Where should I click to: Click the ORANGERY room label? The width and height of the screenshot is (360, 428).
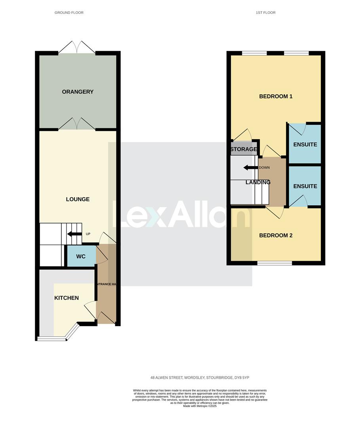click(78, 92)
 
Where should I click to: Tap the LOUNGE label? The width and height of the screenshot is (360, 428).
click(78, 199)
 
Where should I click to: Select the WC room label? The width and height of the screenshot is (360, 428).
click(81, 257)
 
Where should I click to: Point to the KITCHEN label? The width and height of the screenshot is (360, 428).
click(67, 298)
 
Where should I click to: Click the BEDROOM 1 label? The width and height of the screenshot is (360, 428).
click(276, 96)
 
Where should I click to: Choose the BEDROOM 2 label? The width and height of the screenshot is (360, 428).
click(276, 235)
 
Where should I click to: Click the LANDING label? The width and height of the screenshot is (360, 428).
click(258, 182)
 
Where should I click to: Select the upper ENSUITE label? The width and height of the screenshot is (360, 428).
click(305, 145)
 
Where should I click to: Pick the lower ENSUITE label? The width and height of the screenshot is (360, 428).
click(305, 186)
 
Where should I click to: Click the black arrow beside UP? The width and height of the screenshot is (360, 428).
click(74, 234)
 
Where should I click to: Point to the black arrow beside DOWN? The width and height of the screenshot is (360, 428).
click(250, 168)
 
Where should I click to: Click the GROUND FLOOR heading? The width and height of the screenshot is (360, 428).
click(69, 13)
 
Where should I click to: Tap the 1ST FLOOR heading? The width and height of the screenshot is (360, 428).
click(266, 13)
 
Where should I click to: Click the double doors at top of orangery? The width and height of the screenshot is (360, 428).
click(77, 47)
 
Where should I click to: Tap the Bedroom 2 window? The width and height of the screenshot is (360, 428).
click(275, 263)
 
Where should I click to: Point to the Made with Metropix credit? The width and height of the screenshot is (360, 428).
click(200, 406)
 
